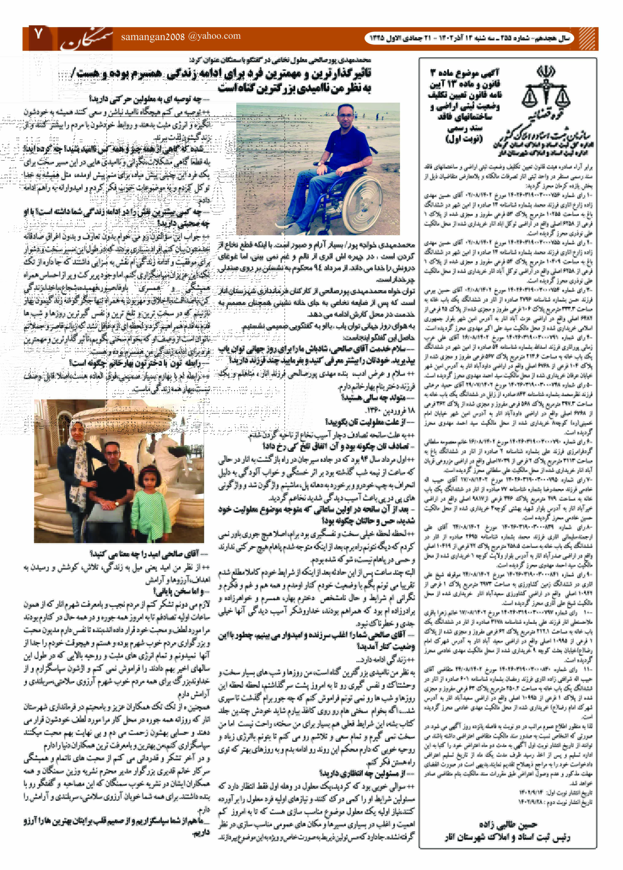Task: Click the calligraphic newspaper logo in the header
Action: pos(87,39)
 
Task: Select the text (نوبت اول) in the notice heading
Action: pos(464,139)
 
